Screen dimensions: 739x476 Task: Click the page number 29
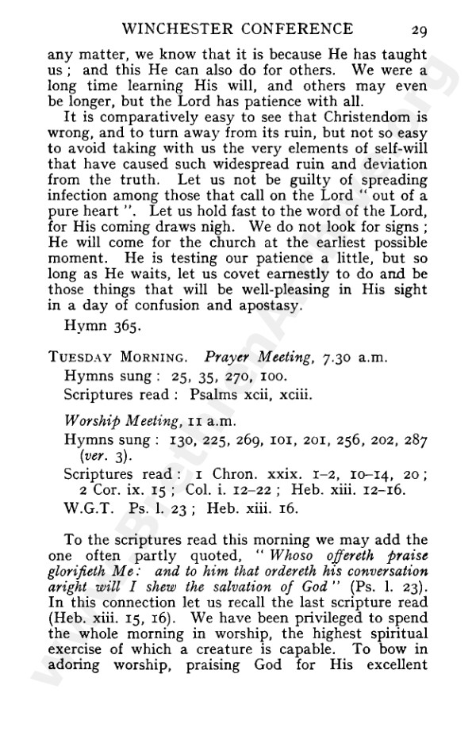(420, 31)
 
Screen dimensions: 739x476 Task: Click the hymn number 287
(416, 438)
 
